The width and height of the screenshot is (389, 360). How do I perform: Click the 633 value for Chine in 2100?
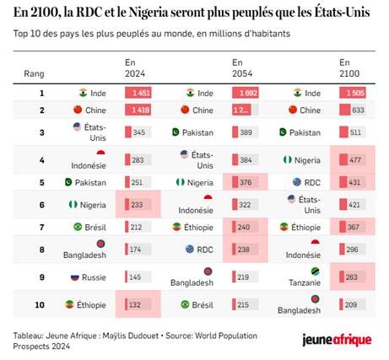[x=357, y=110]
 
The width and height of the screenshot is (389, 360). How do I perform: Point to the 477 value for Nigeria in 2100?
[x=357, y=159]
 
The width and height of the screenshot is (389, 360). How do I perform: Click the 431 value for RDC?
[x=357, y=181]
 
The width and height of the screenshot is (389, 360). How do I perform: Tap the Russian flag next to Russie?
[x=75, y=277]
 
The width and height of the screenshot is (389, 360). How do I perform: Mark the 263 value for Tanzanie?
[x=357, y=277]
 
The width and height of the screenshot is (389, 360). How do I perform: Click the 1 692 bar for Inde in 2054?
[x=247, y=93]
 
